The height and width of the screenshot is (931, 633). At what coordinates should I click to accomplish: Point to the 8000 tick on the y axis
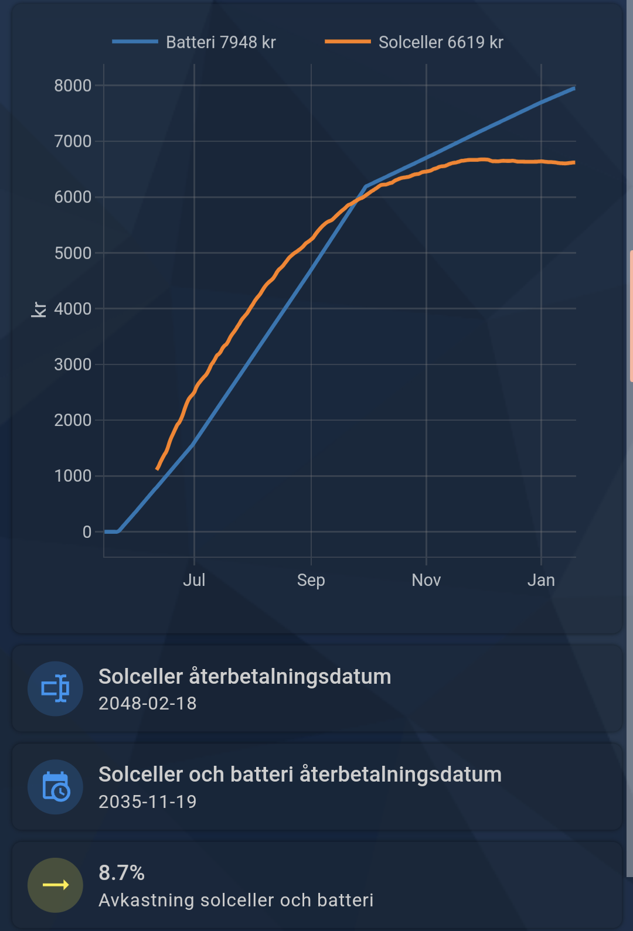(73, 86)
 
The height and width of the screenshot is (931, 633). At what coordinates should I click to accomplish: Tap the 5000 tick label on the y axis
(73, 253)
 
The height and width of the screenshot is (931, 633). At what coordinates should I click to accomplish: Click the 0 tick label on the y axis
(87, 532)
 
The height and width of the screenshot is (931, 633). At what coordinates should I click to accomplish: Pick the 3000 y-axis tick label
(73, 364)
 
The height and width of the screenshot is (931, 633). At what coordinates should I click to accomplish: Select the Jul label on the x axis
(194, 580)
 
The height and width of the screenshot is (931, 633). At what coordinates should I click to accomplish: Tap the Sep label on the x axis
(311, 580)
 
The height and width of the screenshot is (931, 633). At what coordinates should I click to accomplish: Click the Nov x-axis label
(426, 580)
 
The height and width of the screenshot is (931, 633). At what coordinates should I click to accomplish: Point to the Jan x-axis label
(541, 580)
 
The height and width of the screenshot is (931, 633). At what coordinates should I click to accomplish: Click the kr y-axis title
(39, 309)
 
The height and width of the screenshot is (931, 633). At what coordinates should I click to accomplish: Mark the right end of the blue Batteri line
(574, 88)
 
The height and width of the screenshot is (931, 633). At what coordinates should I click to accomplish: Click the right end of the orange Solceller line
(574, 162)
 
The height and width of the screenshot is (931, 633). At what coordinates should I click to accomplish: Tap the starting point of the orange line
(157, 469)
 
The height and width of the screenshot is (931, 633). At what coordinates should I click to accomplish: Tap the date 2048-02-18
(148, 703)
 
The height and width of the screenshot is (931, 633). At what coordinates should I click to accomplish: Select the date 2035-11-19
(148, 802)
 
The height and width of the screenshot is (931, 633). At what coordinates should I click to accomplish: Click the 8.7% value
(122, 873)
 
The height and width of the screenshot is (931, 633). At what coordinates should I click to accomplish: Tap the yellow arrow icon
(56, 885)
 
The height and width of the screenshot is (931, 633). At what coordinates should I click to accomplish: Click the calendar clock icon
(56, 786)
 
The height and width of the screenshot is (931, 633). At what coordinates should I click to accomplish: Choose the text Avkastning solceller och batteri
(236, 900)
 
